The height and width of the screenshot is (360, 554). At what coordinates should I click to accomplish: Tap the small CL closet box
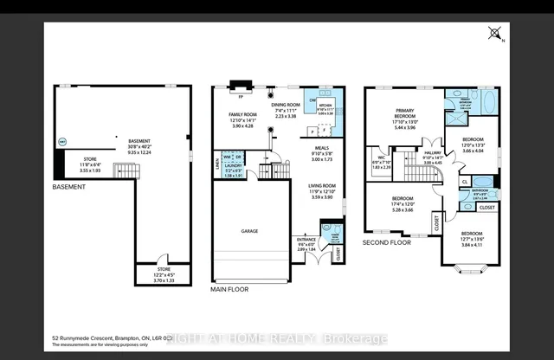(465, 182)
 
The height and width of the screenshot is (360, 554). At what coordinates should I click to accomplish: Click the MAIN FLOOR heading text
(230, 291)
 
